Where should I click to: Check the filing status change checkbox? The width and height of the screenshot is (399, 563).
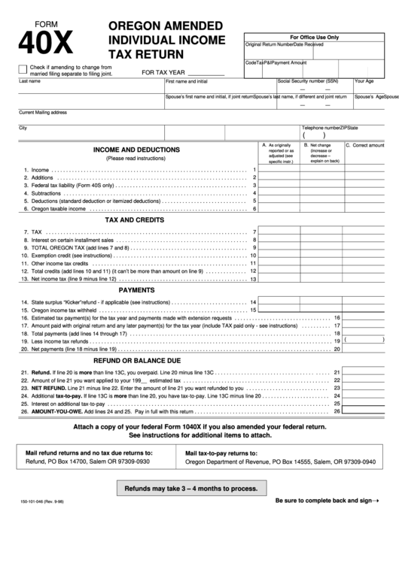pyautogui.click(x=23, y=69)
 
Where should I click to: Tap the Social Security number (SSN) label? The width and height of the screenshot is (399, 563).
pyautogui.click(x=308, y=80)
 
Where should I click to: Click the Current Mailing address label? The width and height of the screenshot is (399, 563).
pyautogui.click(x=43, y=113)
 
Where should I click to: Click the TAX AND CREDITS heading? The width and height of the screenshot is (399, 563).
pyautogui.click(x=134, y=220)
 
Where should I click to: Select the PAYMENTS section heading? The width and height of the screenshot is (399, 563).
pyautogui.click(x=137, y=289)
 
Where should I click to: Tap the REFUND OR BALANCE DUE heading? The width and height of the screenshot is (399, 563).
pyautogui.click(x=136, y=360)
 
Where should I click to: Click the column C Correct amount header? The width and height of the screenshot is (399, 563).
pyautogui.click(x=370, y=145)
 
